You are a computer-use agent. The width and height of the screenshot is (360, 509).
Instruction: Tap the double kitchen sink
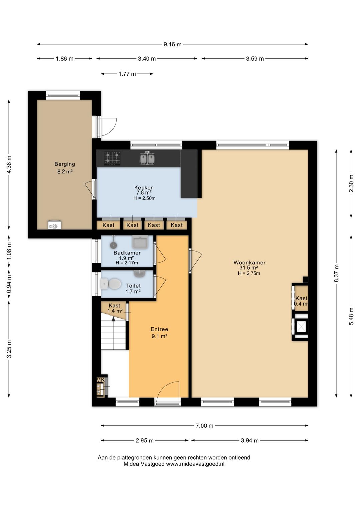pos(147,158)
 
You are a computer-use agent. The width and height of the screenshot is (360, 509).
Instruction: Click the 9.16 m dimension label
pos(173,44)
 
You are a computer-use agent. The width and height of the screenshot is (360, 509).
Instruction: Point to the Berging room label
pos(65,164)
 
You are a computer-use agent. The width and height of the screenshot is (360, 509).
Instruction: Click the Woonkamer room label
pos(249,263)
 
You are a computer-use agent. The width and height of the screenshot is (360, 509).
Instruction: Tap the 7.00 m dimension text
pos(204,426)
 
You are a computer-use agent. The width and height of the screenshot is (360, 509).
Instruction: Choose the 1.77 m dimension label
pos(127,74)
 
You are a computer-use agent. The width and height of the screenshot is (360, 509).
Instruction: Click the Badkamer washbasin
pos(140,242)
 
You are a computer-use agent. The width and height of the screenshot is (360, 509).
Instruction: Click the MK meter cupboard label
pos(101,380)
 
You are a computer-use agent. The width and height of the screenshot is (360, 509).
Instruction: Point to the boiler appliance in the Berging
pos(55,225)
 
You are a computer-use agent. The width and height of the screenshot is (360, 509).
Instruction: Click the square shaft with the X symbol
pos(300,327)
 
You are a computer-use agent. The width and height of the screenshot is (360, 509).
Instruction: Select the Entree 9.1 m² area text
pos(159,336)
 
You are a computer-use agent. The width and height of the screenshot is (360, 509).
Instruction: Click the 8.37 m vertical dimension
pos(336,273)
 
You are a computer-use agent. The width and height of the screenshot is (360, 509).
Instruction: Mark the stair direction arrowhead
pos(113,319)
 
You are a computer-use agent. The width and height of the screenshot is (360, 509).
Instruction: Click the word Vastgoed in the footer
pos(154,464)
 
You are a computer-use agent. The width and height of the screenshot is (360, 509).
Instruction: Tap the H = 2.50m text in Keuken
pos(144,198)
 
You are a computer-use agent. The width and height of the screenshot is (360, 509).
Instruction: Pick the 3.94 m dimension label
pos(250,441)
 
